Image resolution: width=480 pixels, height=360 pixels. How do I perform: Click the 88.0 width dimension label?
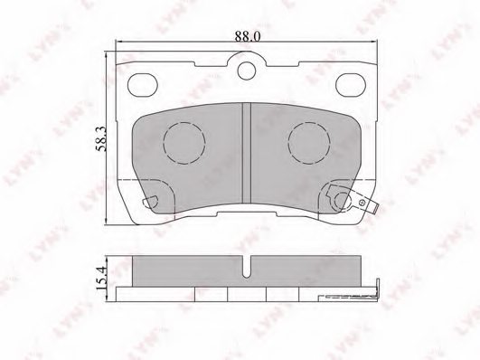247,36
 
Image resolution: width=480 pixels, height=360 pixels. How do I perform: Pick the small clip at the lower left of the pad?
155,201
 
